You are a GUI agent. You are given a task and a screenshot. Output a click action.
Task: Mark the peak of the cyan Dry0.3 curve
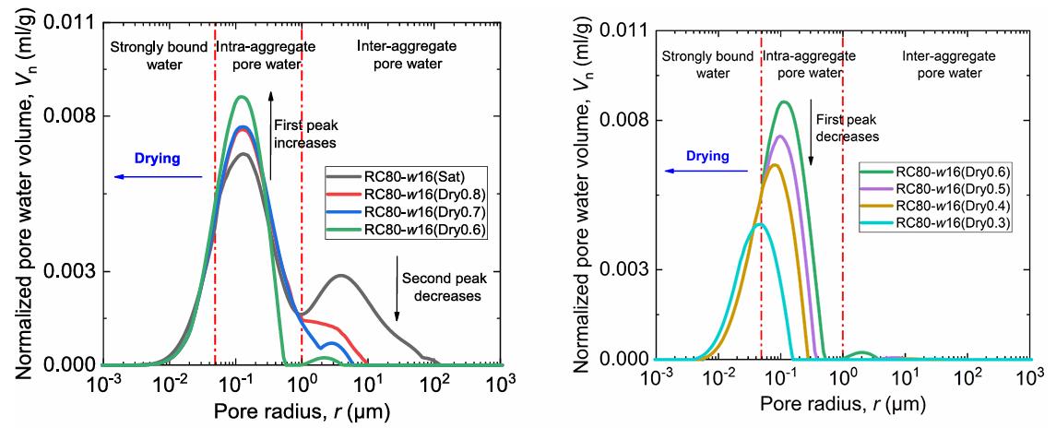[759, 224]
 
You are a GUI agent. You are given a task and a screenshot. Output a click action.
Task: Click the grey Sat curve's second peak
[341, 275]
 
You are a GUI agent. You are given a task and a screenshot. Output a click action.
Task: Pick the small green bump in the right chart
[862, 353]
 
